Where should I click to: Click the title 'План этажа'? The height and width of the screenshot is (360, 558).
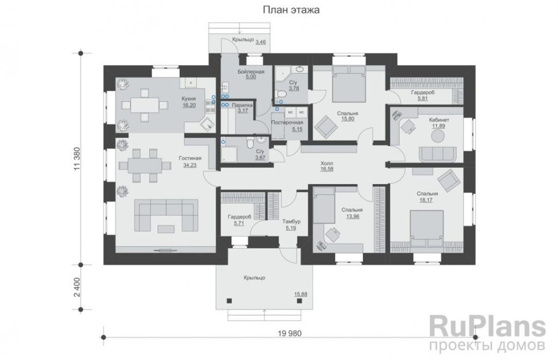coord(291,10)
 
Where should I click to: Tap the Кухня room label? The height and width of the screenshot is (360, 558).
coord(189,99)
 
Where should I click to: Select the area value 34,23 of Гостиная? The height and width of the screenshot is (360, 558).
coord(190,165)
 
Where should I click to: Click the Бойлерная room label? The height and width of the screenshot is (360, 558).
coord(251,71)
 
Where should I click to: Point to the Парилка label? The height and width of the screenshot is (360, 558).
coord(242,105)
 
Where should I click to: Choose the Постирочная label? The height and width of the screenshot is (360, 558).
coord(287,123)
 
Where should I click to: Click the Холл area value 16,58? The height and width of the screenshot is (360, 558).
coord(327,169)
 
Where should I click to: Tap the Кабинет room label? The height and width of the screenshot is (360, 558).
coord(439,120)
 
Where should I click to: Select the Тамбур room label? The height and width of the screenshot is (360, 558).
coord(292,221)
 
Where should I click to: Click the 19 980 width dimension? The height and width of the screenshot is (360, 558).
coord(290,333)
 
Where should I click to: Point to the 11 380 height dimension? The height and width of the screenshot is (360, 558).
coord(76,159)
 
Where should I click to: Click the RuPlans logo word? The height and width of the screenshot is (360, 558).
coord(488,327)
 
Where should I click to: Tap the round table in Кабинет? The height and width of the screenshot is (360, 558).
coord(438,136)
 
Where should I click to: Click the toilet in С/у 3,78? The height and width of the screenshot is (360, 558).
coord(282,94)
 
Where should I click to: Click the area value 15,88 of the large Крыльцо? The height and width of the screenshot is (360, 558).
coord(301,294)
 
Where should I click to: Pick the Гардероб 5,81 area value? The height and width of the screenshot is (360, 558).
coord(423,99)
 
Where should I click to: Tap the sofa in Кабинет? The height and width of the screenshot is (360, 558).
coord(438,154)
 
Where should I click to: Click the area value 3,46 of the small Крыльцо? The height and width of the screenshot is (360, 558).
coord(260,42)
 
